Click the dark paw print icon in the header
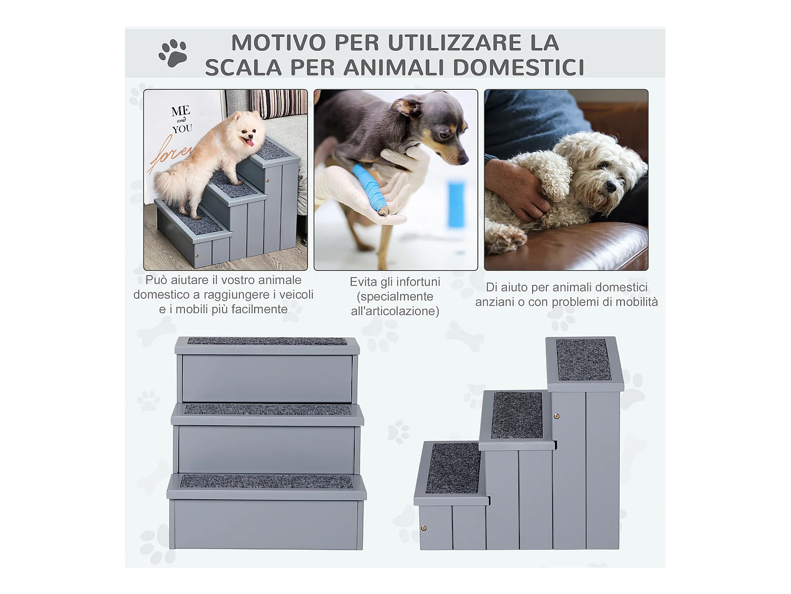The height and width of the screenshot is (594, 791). click(x=173, y=53)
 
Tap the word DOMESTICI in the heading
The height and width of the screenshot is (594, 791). click(x=518, y=68)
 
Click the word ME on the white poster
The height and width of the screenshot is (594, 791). click(x=180, y=111)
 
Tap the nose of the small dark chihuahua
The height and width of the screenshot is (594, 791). click(x=464, y=158)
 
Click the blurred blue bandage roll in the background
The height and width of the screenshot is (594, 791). click(x=456, y=204)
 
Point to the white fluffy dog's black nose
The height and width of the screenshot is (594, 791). click(x=611, y=186)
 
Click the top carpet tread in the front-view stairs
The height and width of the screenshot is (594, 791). click(x=267, y=341)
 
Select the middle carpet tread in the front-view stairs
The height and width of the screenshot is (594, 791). click(x=267, y=409)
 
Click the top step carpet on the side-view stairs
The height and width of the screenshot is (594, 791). click(x=583, y=359)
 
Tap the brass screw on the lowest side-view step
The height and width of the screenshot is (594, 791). click(x=423, y=528)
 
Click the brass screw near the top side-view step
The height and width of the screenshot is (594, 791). click(x=556, y=417)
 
